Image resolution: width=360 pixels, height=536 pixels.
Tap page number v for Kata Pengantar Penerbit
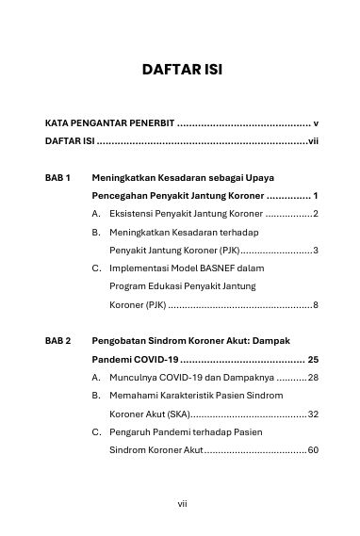316,123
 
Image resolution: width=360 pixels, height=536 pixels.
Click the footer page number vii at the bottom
181,503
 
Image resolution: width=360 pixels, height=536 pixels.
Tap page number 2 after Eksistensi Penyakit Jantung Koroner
316,215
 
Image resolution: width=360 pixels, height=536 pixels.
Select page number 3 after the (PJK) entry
316,251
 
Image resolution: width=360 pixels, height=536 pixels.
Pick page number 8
316,305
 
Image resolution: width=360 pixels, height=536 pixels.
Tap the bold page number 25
313,360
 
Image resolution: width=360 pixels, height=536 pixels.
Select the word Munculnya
134,378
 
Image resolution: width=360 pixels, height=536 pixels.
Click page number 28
313,378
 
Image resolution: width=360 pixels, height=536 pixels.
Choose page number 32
313,414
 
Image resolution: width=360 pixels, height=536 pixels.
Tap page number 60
313,450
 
